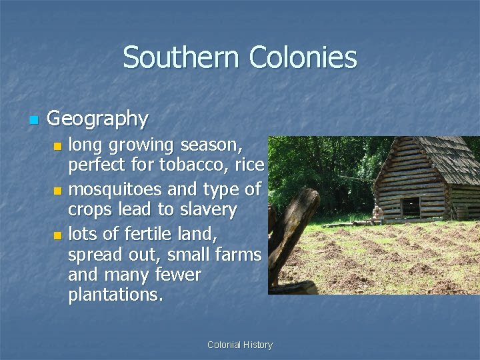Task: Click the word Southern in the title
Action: [x=182, y=57]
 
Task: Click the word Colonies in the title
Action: [x=303, y=57]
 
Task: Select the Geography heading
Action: [x=97, y=119]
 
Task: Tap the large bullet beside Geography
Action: [x=33, y=120]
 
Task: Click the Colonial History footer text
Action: [x=239, y=345]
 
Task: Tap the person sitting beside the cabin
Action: [x=378, y=213]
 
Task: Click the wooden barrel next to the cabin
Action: [x=461, y=212]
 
